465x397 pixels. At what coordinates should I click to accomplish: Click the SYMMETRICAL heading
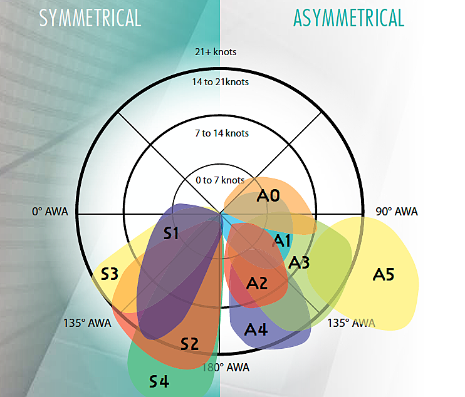pyautogui.click(x=90, y=18)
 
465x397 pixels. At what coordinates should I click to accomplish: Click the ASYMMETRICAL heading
pyautogui.click(x=348, y=18)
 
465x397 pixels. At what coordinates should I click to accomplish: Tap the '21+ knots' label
pyautogui.click(x=216, y=52)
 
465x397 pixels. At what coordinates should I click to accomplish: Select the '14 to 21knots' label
pyautogui.click(x=221, y=82)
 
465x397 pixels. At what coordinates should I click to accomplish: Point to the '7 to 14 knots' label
pyautogui.click(x=222, y=133)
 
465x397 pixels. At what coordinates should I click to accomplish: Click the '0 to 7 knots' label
pyautogui.click(x=220, y=180)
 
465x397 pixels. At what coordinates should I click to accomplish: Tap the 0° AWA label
pyautogui.click(x=50, y=212)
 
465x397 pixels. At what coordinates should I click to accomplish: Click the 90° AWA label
pyautogui.click(x=397, y=212)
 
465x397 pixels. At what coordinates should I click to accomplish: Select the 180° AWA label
pyautogui.click(x=226, y=368)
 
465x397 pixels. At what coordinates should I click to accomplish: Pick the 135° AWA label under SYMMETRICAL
pyautogui.click(x=87, y=323)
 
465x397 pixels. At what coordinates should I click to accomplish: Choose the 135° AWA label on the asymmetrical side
pyautogui.click(x=352, y=323)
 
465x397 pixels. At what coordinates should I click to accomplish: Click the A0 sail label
pyautogui.click(x=268, y=196)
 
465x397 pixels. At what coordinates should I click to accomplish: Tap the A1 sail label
pyautogui.click(x=281, y=240)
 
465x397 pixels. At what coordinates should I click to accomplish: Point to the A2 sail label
pyautogui.click(x=257, y=283)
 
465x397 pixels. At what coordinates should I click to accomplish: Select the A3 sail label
pyautogui.click(x=299, y=262)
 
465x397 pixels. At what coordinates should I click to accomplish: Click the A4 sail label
pyautogui.click(x=256, y=330)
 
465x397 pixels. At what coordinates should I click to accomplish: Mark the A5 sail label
pyautogui.click(x=384, y=275)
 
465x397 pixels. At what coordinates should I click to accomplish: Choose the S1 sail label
pyautogui.click(x=171, y=234)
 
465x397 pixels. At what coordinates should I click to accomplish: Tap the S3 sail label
pyautogui.click(x=110, y=274)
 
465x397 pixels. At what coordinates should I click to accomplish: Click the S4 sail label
pyautogui.click(x=159, y=381)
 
